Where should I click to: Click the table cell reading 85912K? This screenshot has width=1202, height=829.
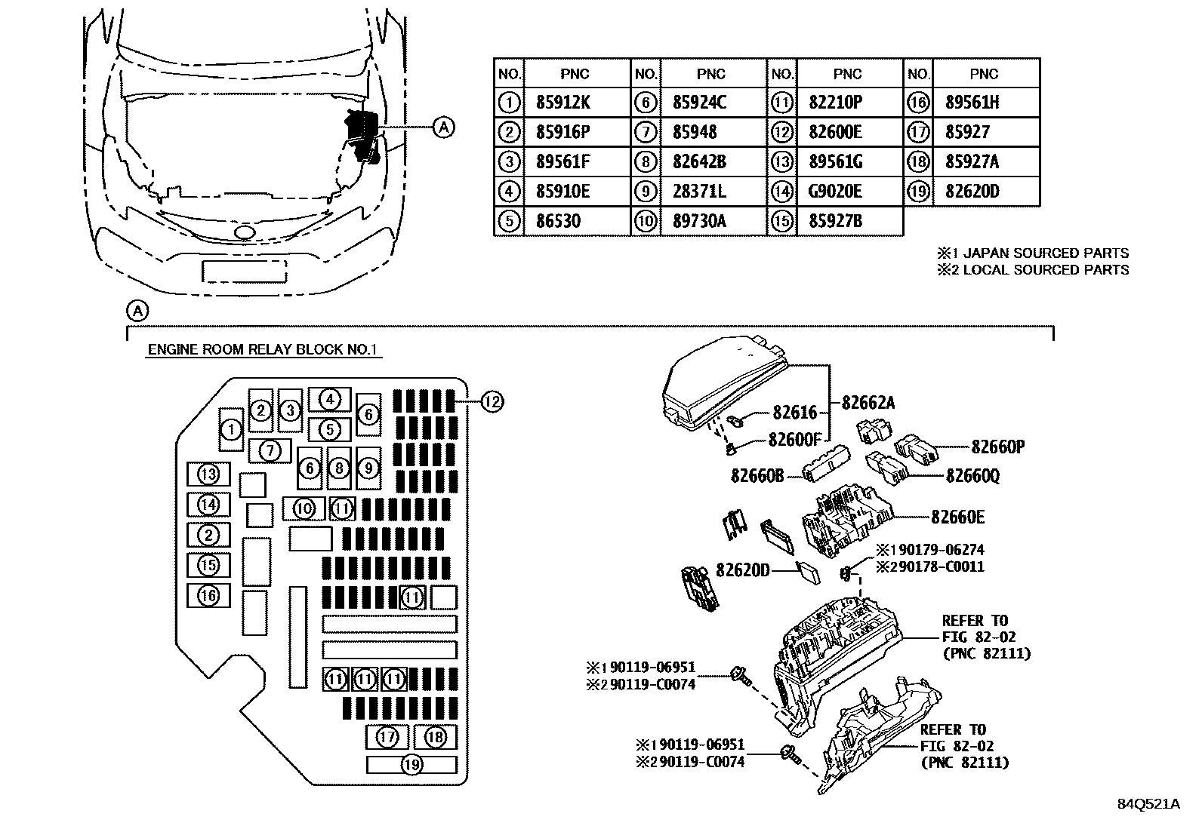[x=562, y=103]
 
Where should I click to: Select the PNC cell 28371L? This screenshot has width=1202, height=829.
[x=699, y=192]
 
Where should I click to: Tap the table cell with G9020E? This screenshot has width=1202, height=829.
[x=835, y=192]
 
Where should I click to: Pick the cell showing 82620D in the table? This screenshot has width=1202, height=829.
[x=972, y=192]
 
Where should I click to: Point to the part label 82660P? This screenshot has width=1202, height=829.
[x=997, y=447]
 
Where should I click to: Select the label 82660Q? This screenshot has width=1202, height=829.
[x=972, y=476]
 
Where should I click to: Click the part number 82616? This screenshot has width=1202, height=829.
[x=795, y=412]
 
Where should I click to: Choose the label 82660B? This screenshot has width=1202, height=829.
[x=757, y=475]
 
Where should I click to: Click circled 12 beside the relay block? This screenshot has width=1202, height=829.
[x=492, y=402]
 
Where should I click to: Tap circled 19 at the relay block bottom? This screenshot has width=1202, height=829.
[x=411, y=765]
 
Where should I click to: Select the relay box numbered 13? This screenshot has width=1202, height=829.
[x=208, y=474]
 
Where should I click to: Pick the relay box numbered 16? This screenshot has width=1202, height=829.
[x=208, y=596]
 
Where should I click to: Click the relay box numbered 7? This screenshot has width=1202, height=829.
[x=270, y=451]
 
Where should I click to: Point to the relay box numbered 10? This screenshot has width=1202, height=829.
[x=304, y=508]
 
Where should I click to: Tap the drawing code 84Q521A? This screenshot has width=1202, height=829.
[x=1148, y=804]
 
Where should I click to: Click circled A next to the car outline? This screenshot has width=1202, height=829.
[x=445, y=127]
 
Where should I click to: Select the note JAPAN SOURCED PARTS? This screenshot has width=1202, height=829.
[x=1033, y=253]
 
